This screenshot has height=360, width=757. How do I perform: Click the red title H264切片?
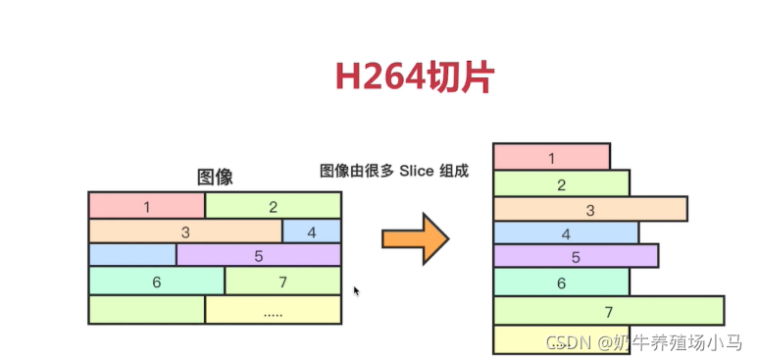point(413,77)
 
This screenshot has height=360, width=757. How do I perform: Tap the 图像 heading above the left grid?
point(215,178)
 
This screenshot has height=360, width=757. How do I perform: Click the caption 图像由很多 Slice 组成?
point(394,171)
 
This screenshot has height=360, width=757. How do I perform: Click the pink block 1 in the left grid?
point(146,205)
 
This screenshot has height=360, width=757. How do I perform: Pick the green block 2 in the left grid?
point(273,205)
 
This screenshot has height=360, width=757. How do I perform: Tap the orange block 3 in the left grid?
point(185,231)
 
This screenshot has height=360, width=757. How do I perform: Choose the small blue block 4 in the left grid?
point(312,231)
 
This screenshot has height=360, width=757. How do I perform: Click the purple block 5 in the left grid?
point(259,256)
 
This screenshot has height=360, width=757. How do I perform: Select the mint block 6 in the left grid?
point(156,282)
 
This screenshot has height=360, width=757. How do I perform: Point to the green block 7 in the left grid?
point(282,282)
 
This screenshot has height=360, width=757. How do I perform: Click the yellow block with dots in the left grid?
point(273,310)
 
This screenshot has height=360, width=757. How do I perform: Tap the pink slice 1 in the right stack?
point(551,157)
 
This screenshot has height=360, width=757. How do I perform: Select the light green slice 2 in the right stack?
point(561,183)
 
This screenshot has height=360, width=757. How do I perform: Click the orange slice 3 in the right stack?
point(589,209)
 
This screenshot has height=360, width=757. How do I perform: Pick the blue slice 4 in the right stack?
point(566,233)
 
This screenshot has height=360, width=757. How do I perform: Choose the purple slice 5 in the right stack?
point(576,257)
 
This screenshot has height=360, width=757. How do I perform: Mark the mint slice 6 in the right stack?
point(561,283)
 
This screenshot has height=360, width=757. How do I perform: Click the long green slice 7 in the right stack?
point(608,311)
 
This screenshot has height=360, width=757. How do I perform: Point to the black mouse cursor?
point(356,291)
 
